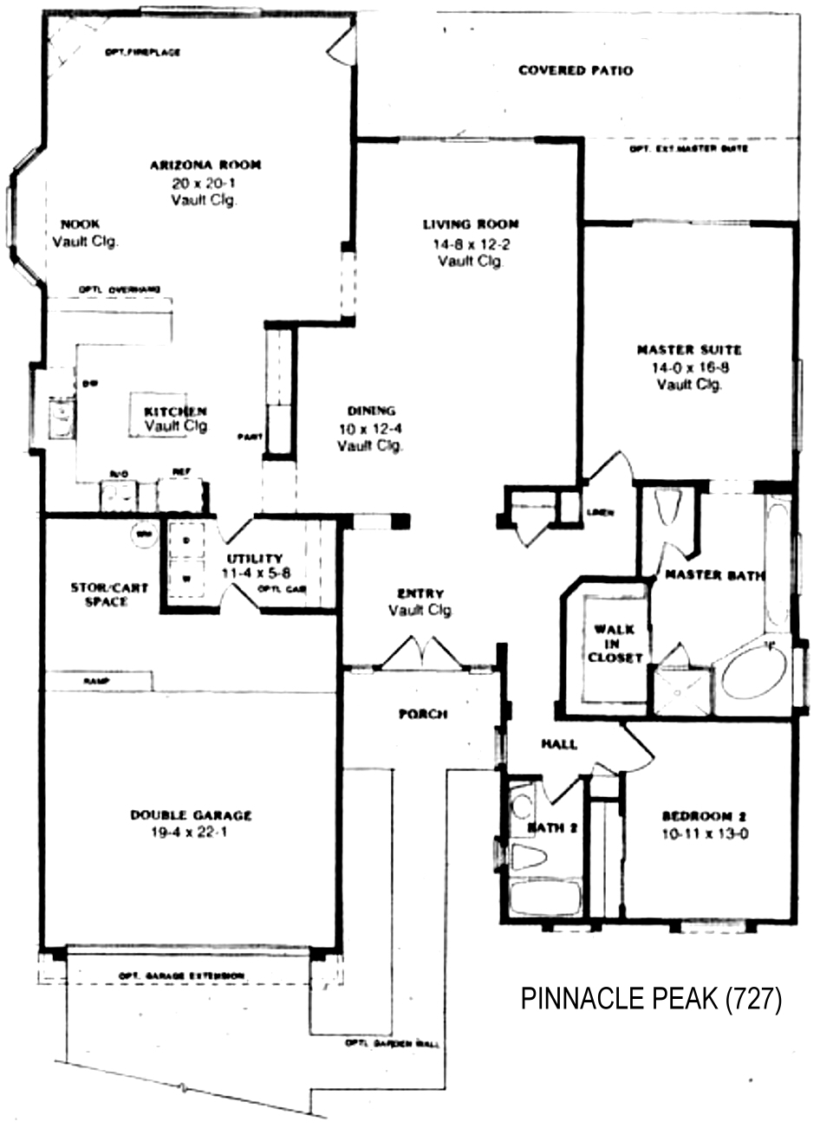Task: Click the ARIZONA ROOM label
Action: tap(205, 165)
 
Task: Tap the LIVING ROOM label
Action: tap(471, 225)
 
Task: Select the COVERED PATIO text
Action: tap(575, 71)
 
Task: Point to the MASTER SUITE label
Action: tap(689, 351)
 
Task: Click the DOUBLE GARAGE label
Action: tap(191, 815)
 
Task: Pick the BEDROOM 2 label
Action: tap(704, 816)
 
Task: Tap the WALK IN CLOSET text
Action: tap(615, 644)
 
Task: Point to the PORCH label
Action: tap(422, 715)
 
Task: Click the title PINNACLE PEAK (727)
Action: tap(651, 1000)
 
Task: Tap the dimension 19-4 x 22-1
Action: tap(191, 833)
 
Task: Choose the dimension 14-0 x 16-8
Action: tap(689, 367)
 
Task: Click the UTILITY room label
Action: tap(254, 559)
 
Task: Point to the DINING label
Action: tap(371, 412)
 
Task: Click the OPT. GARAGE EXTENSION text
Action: tap(181, 976)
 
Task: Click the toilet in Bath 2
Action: tap(530, 859)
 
